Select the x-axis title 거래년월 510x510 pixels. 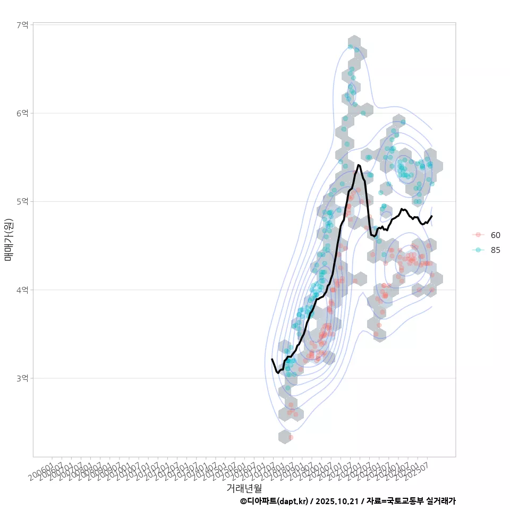(244, 488)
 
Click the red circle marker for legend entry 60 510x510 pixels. (478, 235)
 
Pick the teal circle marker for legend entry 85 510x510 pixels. (478, 250)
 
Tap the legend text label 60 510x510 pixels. (495, 235)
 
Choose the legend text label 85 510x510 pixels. (495, 250)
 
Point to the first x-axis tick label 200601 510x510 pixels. (41, 472)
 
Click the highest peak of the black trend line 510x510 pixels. (359, 165)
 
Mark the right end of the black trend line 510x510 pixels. (432, 216)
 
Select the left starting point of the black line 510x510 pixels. (272, 359)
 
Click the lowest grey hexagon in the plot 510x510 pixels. (285, 437)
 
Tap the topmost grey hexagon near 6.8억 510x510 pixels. (355, 43)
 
